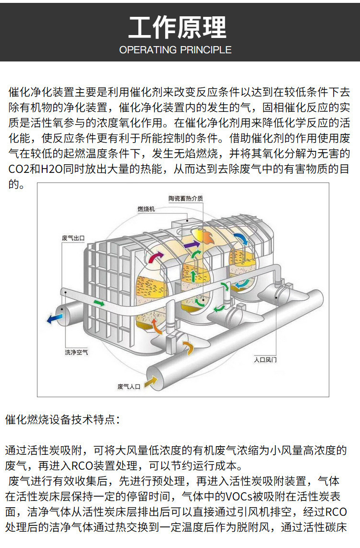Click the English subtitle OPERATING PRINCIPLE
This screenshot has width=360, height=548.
(175, 49)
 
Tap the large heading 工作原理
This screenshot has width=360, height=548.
(178, 27)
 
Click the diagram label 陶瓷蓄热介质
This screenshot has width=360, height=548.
(186, 198)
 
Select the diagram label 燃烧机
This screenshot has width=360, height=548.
(146, 209)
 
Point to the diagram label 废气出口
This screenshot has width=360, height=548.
(73, 238)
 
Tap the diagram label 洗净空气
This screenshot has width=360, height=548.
(76, 353)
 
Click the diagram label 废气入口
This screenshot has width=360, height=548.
(129, 387)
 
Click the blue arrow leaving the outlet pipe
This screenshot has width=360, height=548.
(54, 318)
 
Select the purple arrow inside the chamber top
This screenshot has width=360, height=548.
(192, 244)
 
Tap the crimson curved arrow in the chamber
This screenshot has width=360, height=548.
(156, 257)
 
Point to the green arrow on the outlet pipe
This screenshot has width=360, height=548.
(99, 303)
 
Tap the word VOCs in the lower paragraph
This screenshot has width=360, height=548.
(243, 496)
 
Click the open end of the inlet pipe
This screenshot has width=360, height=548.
(156, 378)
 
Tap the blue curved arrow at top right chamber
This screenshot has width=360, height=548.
(241, 239)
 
